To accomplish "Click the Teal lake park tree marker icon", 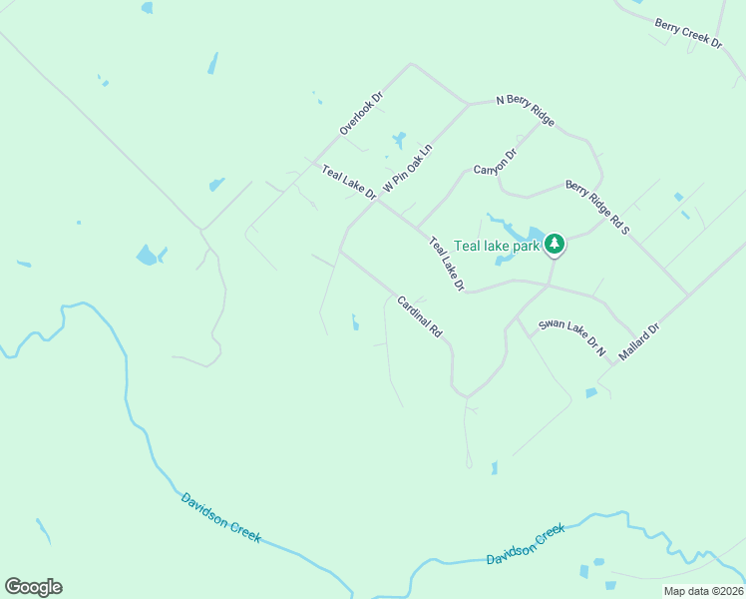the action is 555,244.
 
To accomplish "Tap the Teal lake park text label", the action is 497,245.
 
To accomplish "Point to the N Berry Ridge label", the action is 526,111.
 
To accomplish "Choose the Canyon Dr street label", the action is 496,161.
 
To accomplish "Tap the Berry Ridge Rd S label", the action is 597,208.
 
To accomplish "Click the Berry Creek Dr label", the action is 688,33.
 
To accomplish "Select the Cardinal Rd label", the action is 419,315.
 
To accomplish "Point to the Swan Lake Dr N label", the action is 572,338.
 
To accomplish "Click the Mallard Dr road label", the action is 639,341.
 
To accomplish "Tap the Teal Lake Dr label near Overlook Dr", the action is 348,183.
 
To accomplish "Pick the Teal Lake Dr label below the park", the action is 447,264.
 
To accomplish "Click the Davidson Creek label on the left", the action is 220,517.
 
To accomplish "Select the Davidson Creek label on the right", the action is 526,545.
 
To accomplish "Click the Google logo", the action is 33,587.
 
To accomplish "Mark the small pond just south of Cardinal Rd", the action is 355,322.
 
